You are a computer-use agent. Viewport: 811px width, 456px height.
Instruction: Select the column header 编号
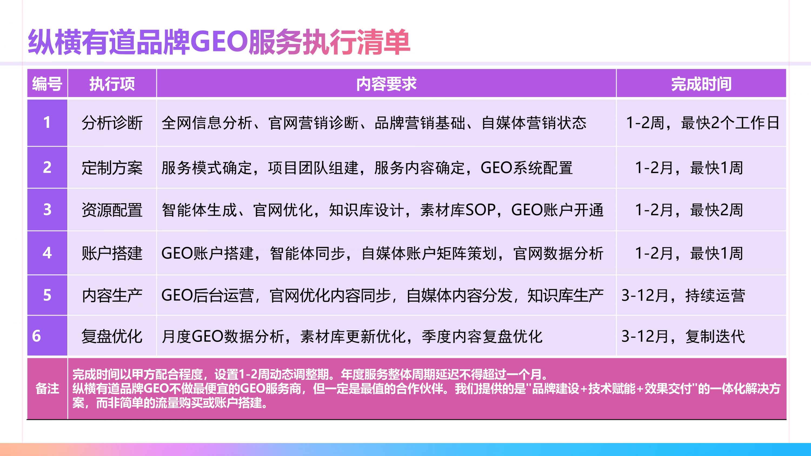click(47, 84)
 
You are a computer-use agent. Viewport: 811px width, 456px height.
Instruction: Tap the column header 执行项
click(112, 84)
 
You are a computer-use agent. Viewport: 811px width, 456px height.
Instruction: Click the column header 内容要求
click(386, 84)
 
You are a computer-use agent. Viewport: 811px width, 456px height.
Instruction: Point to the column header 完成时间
click(701, 84)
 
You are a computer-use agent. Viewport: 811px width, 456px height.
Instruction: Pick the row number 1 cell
click(47, 122)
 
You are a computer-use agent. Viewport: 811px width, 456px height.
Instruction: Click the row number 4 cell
click(47, 253)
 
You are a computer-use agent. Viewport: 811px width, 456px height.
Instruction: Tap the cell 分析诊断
click(112, 123)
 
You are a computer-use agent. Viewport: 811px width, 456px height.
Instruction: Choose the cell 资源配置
click(112, 210)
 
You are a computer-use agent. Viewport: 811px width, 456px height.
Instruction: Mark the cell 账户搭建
click(112, 253)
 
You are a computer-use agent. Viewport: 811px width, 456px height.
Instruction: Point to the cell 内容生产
click(112, 295)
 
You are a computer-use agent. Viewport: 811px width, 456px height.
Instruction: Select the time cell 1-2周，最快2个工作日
click(702, 123)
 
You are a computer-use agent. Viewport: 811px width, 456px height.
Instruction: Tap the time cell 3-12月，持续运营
click(683, 295)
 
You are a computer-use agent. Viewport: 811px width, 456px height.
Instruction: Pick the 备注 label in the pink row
click(47, 389)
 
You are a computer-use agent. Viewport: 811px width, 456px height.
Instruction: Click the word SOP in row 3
click(480, 210)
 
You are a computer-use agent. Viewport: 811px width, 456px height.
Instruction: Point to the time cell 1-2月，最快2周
click(689, 210)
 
